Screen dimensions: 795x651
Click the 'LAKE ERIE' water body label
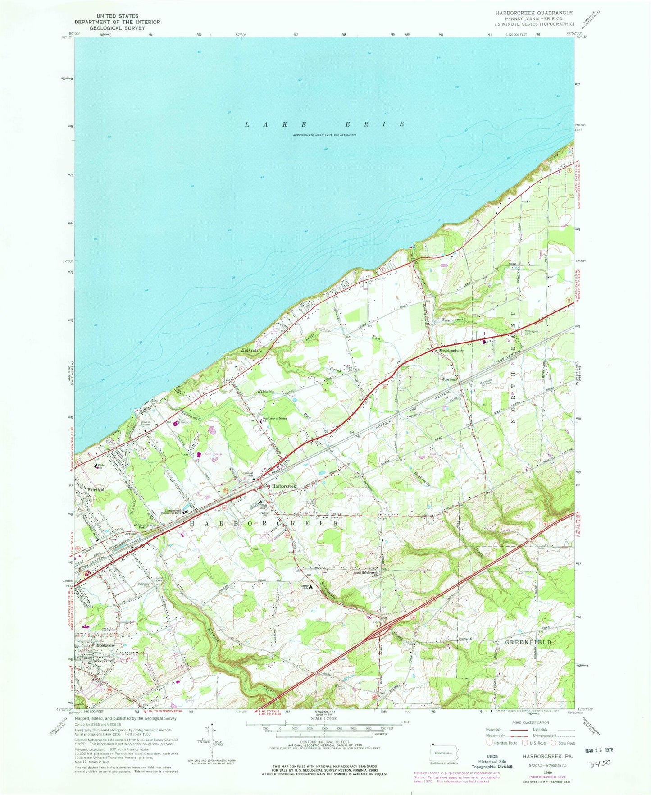(325, 124)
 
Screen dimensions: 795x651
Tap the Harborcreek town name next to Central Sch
(283, 487)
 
